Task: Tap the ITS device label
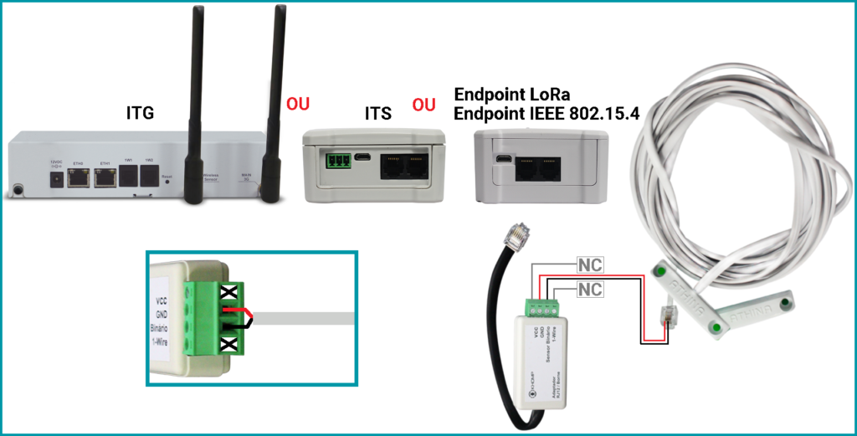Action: (377, 112)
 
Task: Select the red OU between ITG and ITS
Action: (298, 104)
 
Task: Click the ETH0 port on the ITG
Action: (80, 177)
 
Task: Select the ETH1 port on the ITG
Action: (105, 177)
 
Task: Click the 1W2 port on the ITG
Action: (149, 176)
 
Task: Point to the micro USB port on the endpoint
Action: (503, 159)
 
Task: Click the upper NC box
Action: (590, 266)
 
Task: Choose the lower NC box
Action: (590, 290)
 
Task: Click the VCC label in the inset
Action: (162, 299)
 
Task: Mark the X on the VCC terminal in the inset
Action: (229, 291)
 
